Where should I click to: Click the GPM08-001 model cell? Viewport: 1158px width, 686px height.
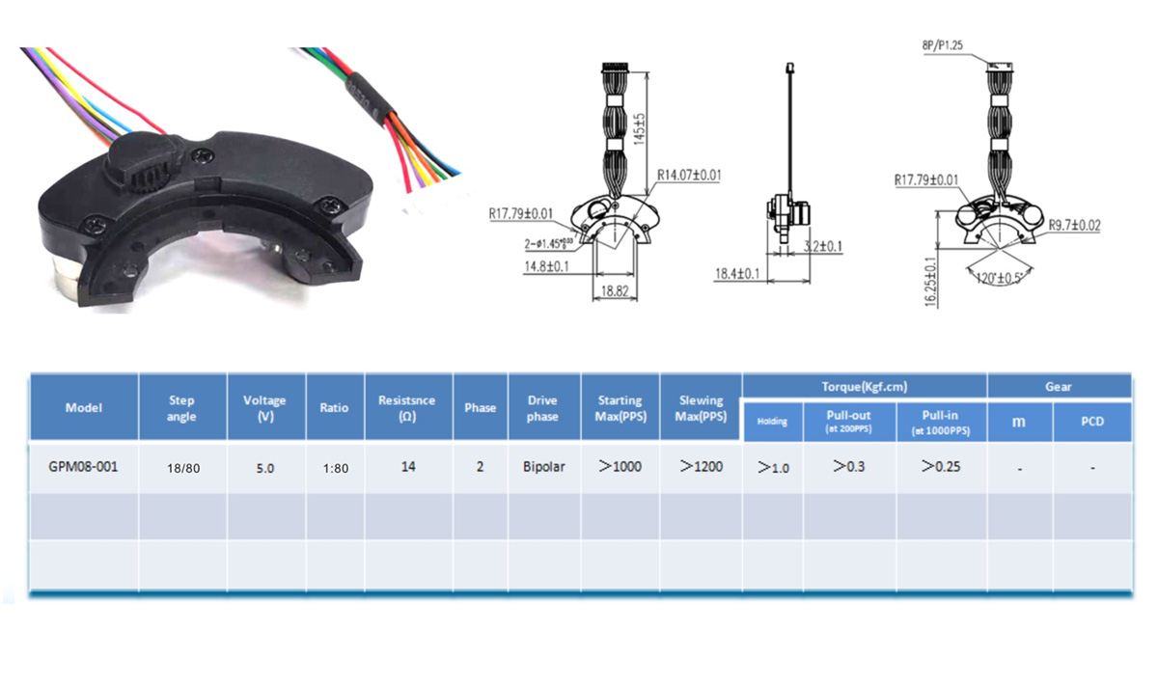pyautogui.click(x=83, y=467)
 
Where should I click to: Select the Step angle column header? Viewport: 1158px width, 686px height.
pyautogui.click(x=181, y=408)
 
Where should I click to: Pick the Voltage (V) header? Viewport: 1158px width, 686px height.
pyautogui.click(x=264, y=408)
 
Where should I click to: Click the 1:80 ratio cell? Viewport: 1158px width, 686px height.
pyautogui.click(x=334, y=468)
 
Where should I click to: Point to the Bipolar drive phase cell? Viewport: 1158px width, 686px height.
pyautogui.click(x=543, y=467)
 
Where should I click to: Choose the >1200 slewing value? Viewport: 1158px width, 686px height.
pyautogui.click(x=702, y=467)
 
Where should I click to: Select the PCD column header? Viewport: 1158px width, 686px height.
pyautogui.click(x=1091, y=422)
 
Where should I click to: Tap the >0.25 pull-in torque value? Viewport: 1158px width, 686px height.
pyautogui.click(x=941, y=467)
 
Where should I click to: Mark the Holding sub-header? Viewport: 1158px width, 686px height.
pyautogui.click(x=772, y=422)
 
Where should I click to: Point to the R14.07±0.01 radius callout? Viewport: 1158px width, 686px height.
pyautogui.click(x=689, y=176)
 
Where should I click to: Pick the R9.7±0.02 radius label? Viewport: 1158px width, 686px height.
pyautogui.click(x=1075, y=225)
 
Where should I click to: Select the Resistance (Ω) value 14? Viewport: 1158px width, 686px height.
pyautogui.click(x=408, y=467)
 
